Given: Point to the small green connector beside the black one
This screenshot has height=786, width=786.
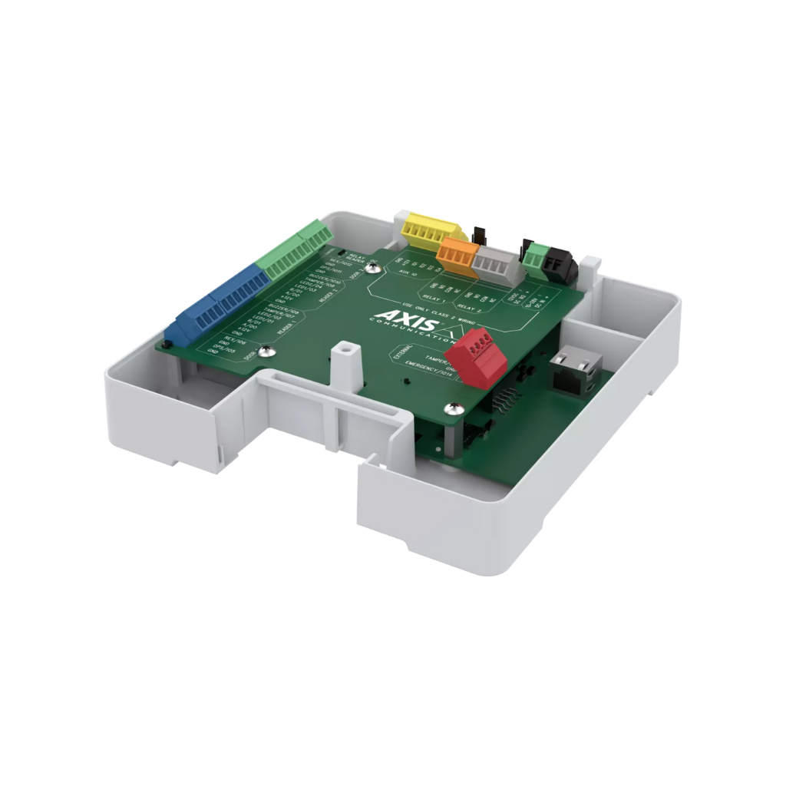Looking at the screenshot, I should [x=540, y=256].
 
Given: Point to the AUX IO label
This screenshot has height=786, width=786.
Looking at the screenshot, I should [x=409, y=273].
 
